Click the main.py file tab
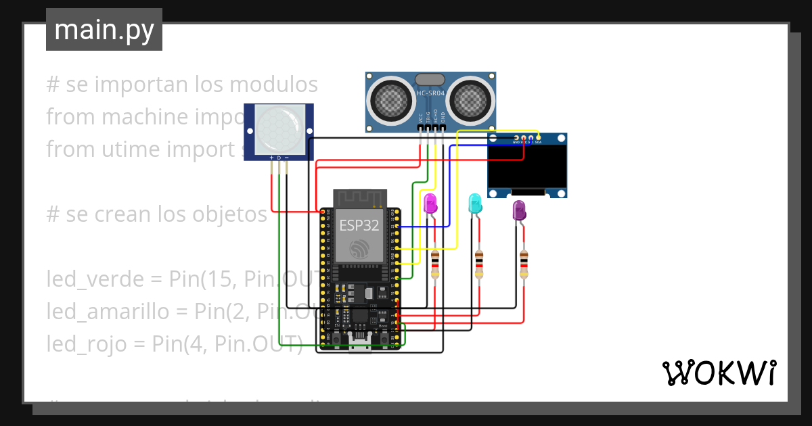(104, 30)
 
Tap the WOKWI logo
(718, 373)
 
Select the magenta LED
(430, 204)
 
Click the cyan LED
(475, 204)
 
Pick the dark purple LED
(519, 210)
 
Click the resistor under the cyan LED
(479, 264)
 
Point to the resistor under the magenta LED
(434, 264)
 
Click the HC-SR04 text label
(430, 92)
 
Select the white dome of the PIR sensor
(277, 128)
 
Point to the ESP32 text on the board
(359, 225)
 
